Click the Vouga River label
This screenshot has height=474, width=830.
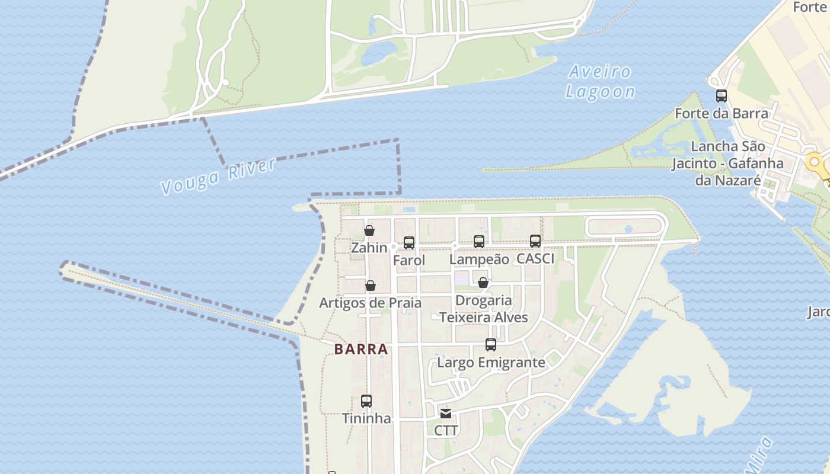click(x=218, y=176)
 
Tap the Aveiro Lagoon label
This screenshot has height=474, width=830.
click(x=600, y=82)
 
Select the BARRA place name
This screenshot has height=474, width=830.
click(x=361, y=350)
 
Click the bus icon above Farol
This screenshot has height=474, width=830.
click(x=409, y=242)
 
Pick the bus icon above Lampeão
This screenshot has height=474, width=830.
click(x=479, y=241)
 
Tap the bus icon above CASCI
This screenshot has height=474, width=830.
click(x=535, y=241)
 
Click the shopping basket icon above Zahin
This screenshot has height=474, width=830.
click(x=369, y=230)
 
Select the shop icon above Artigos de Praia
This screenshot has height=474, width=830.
click(x=371, y=286)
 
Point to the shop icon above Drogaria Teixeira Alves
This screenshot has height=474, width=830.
click(x=483, y=283)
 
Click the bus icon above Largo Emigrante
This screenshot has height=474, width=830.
click(x=491, y=344)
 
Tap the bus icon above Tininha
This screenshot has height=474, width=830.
click(x=366, y=401)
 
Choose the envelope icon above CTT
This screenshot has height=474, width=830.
click(x=446, y=413)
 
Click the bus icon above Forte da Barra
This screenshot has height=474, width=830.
click(x=722, y=95)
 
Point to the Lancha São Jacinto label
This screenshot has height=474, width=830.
click(x=727, y=163)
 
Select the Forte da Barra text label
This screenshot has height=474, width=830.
click(x=722, y=113)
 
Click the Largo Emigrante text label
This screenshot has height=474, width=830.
click(x=491, y=362)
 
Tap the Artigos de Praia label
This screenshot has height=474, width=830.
click(x=371, y=303)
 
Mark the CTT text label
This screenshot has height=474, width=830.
click(x=446, y=431)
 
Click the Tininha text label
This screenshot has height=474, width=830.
click(x=366, y=418)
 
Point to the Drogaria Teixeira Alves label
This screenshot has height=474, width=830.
click(x=484, y=309)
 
